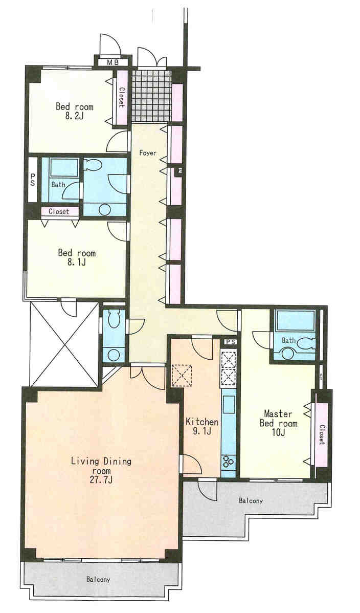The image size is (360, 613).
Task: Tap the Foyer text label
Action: tap(148, 153)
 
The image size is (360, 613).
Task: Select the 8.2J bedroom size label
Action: tap(74, 116)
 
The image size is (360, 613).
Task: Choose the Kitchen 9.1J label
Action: tap(201, 427)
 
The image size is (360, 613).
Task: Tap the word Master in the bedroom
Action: tap(278, 413)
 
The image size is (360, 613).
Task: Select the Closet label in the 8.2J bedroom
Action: tap(121, 97)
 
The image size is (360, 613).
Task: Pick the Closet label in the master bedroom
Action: tap(322, 434)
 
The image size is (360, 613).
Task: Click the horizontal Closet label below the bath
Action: tap(59, 211)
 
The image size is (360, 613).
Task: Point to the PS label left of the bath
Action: tap(33, 180)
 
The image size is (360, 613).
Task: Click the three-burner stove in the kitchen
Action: tap(228, 462)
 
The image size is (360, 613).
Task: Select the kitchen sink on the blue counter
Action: tap(229, 404)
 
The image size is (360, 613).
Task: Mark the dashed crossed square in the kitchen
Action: tap(182, 375)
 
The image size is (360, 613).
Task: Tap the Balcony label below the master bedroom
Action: tap(251, 500)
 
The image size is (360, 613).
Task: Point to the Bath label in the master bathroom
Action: tap(288, 340)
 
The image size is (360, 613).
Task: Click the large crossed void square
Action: tap(64, 344)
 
